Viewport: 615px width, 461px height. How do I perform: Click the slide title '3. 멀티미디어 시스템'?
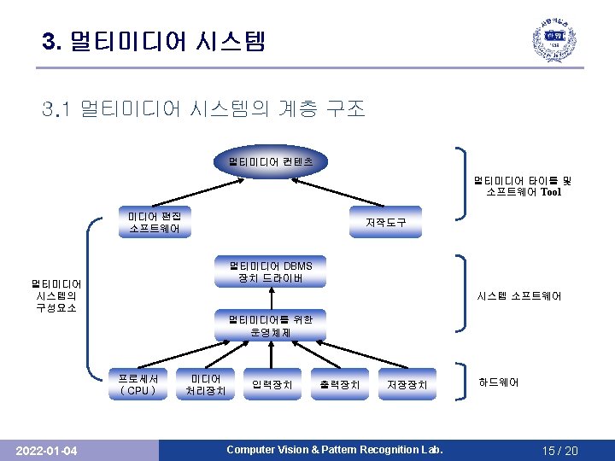click(155, 40)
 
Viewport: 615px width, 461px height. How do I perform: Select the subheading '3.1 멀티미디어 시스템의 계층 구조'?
click(204, 109)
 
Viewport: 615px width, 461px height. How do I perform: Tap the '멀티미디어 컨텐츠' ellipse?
click(270, 160)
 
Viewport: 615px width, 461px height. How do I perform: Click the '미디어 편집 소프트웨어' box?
click(154, 222)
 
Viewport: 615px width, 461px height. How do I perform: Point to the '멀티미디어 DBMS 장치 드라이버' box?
click(270, 272)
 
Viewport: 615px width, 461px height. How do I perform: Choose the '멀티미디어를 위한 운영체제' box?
click(270, 325)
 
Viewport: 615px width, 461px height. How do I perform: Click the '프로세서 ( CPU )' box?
click(138, 385)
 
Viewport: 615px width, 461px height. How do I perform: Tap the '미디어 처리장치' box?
click(206, 385)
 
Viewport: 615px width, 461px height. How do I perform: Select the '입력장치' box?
click(271, 385)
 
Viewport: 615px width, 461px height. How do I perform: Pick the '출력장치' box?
click(340, 385)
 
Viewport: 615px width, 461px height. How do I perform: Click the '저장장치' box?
click(407, 385)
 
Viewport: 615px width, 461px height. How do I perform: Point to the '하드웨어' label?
click(498, 382)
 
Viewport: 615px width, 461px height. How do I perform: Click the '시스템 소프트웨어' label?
click(518, 296)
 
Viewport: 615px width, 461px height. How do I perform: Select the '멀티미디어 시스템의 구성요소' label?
click(56, 295)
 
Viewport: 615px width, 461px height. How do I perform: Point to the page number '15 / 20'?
click(559, 450)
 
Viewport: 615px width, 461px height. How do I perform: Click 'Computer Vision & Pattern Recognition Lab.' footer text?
click(334, 450)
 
